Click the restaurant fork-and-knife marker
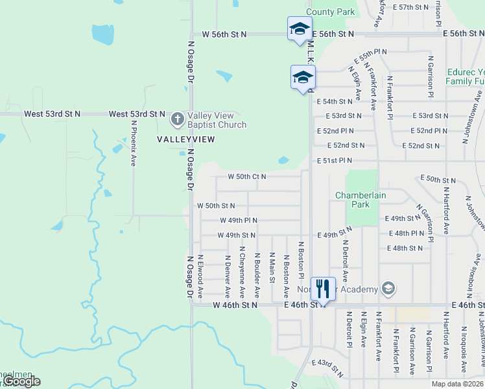pos(323,288)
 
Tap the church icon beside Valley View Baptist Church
pos(177,119)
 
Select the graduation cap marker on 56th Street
pos(299,29)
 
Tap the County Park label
pos(330,12)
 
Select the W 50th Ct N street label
pos(246,176)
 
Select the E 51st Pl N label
pos(335,160)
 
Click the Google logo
pos(21,381)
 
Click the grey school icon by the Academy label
pos(388,289)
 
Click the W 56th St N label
pos(224,33)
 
